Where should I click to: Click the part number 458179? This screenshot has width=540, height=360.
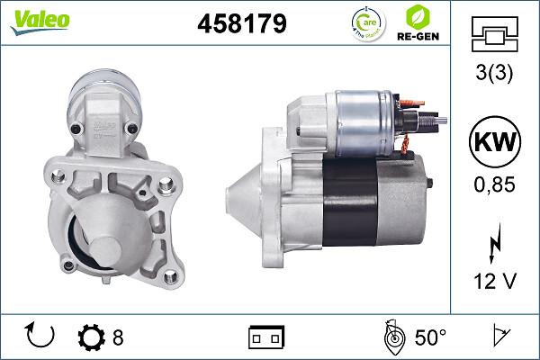[241, 23]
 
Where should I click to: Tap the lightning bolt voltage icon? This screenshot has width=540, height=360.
[495, 246]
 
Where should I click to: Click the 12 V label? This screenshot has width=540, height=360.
[495, 283]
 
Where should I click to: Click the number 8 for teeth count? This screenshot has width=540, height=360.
[118, 337]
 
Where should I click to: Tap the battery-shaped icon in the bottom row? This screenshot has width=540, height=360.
[265, 337]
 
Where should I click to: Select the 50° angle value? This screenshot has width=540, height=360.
[430, 337]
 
